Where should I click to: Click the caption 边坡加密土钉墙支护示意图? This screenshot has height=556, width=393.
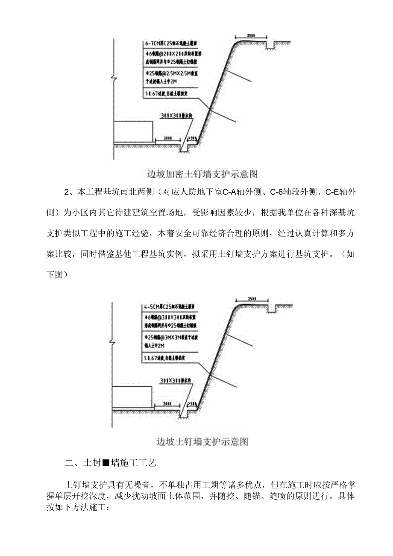click(202, 174)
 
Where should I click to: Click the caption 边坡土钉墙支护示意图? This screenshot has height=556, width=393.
click(202, 441)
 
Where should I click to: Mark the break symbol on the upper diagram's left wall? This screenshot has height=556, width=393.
click(113, 79)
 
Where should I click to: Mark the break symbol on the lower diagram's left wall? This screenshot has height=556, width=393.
click(112, 342)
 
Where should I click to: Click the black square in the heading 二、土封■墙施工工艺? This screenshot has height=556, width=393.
click(106, 463)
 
